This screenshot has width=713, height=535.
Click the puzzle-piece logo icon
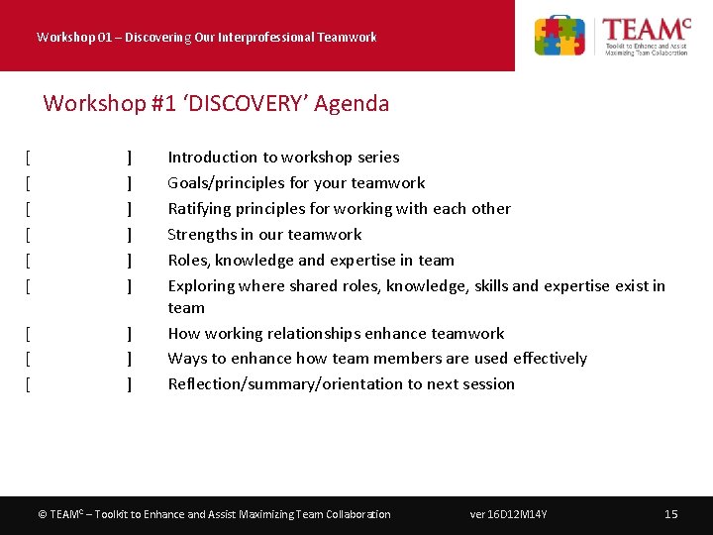[x=560, y=36]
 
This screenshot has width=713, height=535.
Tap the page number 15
[x=670, y=514]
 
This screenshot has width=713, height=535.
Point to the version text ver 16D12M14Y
[x=508, y=514]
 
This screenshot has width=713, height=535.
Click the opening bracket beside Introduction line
[x=29, y=157]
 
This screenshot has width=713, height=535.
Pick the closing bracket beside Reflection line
[x=130, y=383]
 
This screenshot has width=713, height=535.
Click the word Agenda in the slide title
[x=352, y=103]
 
